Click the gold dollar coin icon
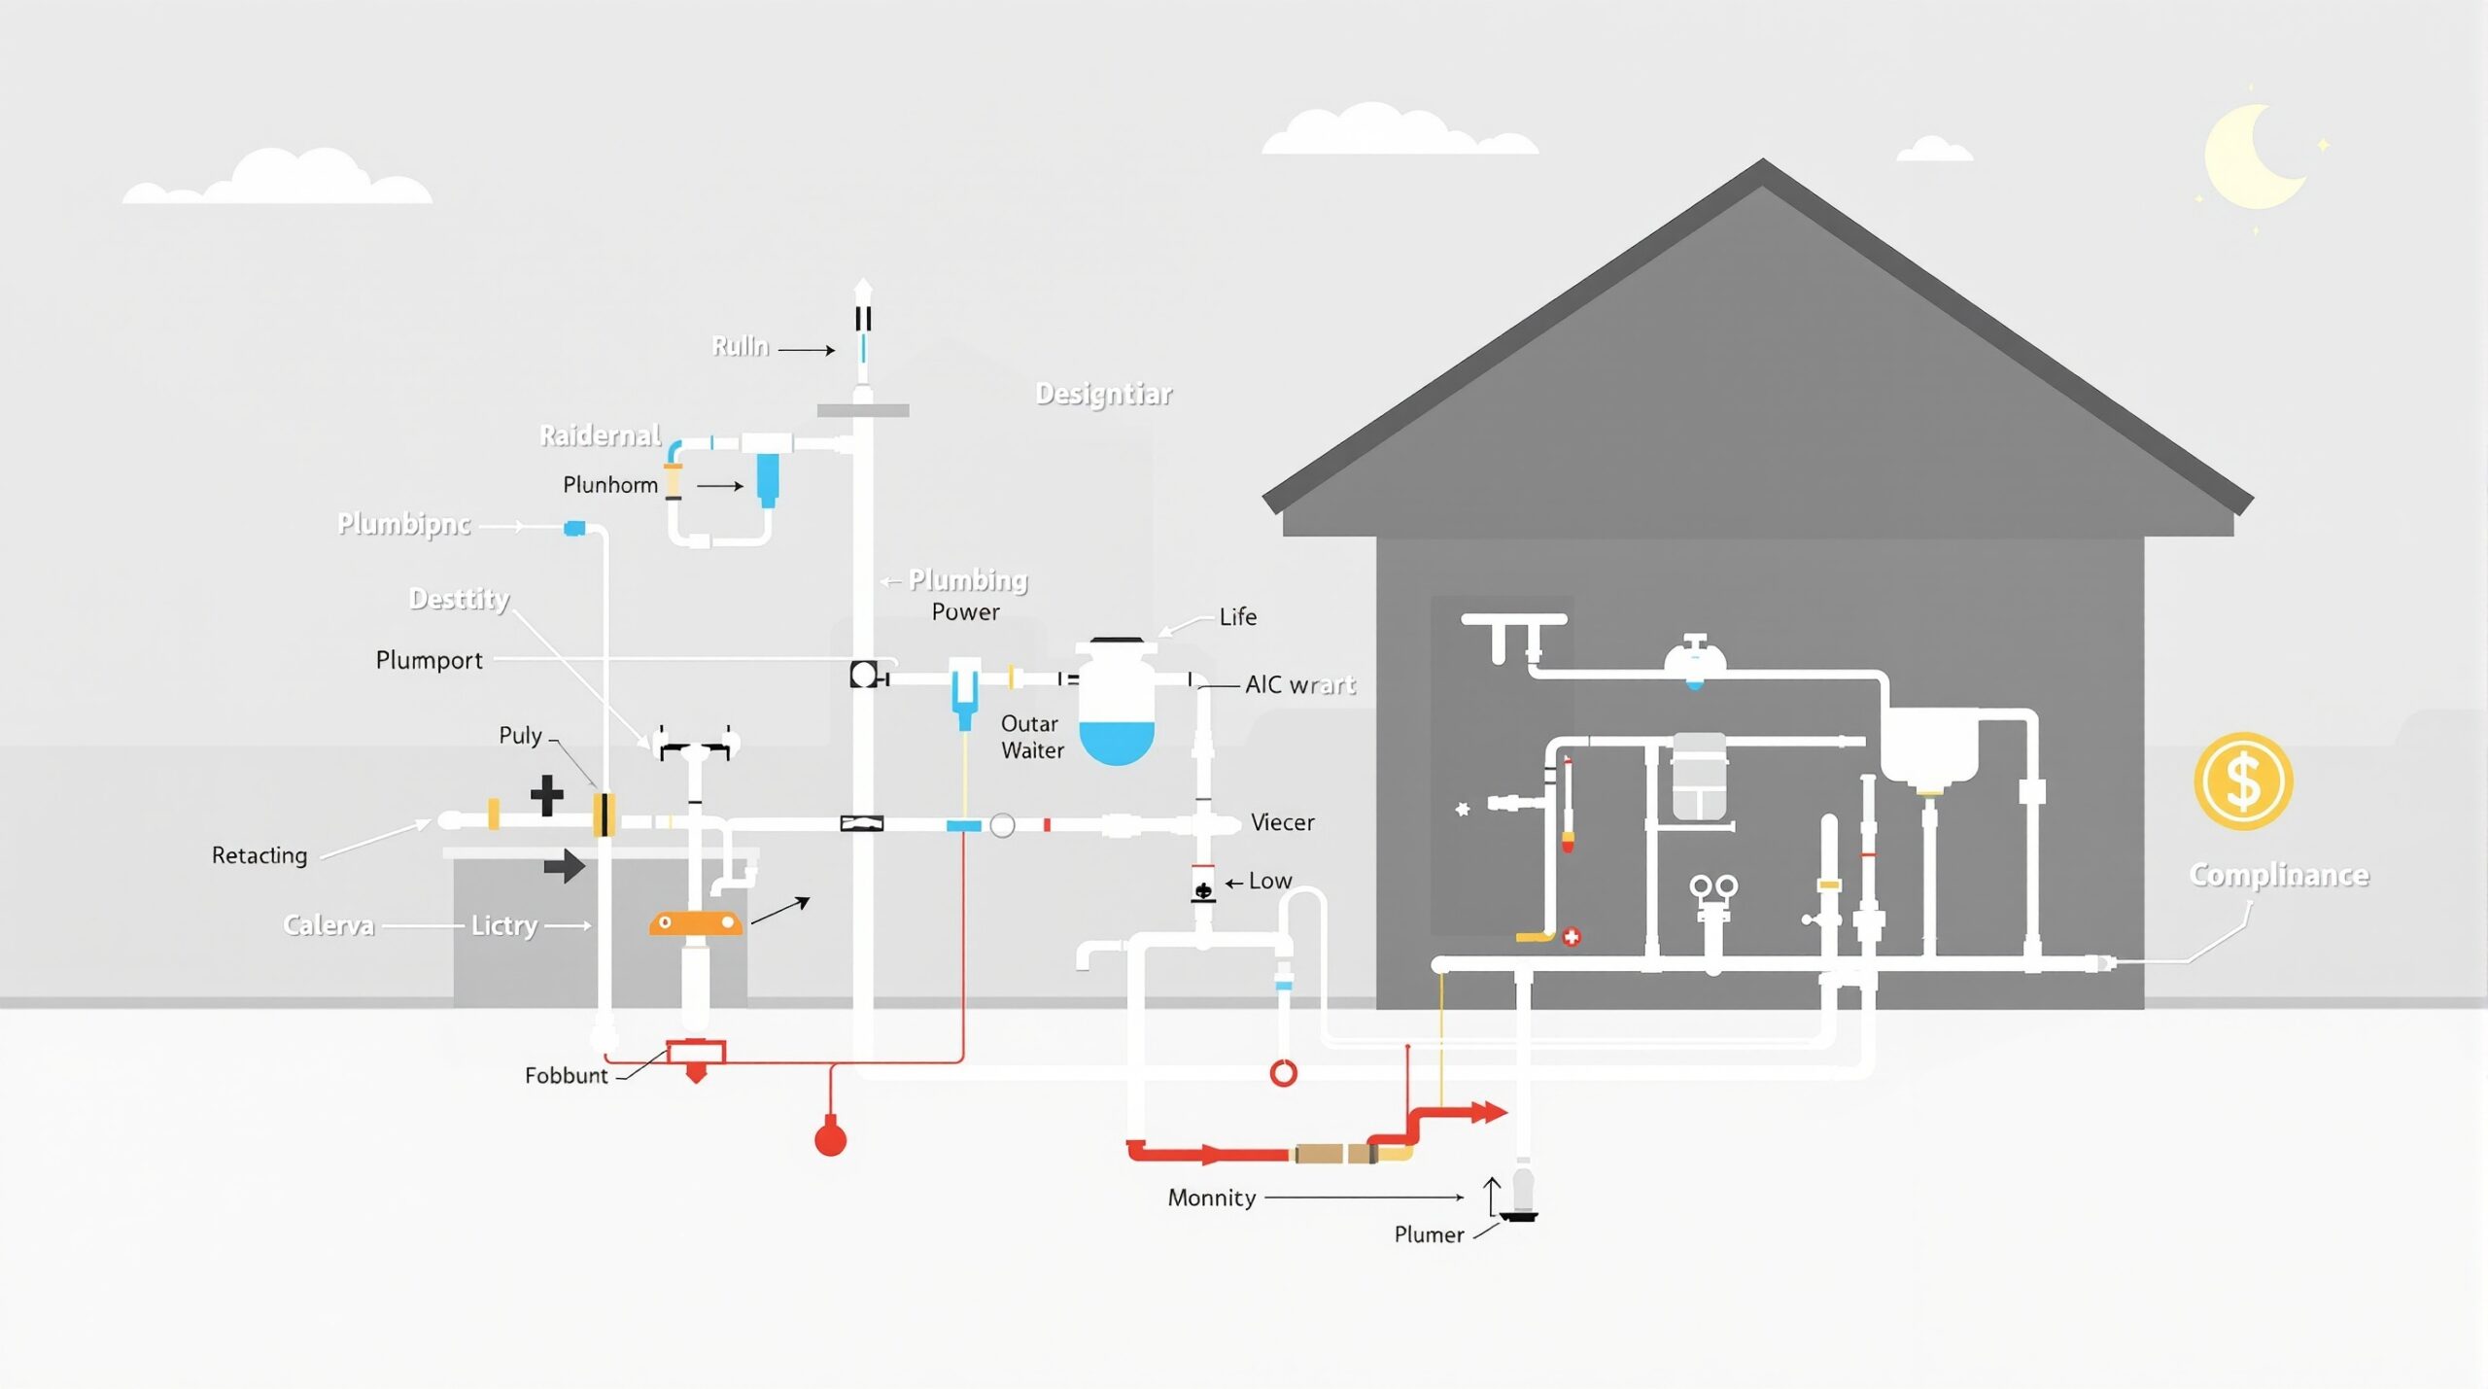coord(2242,781)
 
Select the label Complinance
coord(2278,875)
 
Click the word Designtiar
coord(1103,394)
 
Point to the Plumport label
coord(429,660)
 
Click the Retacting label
coord(259,855)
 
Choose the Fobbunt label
coord(566,1075)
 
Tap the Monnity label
coord(1211,1198)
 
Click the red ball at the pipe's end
coord(830,1138)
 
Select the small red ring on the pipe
coord(1283,1073)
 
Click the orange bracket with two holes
coord(695,922)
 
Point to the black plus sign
coord(547,794)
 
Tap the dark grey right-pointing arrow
coord(565,865)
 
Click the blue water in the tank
coord(1117,742)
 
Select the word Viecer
coord(1282,822)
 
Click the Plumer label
coord(1428,1234)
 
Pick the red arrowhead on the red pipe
coord(1489,1112)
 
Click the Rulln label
coord(740,347)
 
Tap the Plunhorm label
coord(610,485)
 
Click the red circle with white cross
coord(1571,937)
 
